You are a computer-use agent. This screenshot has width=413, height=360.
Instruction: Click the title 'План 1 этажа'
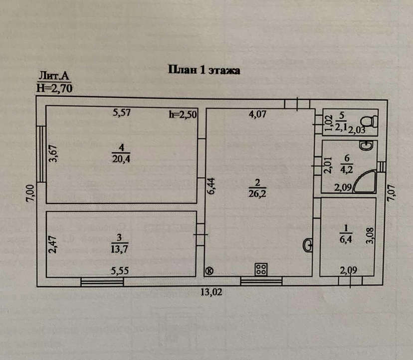pyautogui.click(x=204, y=70)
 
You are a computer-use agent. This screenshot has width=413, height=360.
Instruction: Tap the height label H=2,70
pyautogui.click(x=54, y=88)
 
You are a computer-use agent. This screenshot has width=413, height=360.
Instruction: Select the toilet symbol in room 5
pyautogui.click(x=369, y=122)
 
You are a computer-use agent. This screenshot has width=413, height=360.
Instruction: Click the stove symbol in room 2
pyautogui.click(x=261, y=269)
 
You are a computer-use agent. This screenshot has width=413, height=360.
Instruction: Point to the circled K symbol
pyautogui.click(x=209, y=271)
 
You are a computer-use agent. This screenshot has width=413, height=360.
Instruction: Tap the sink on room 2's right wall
pyautogui.click(x=308, y=245)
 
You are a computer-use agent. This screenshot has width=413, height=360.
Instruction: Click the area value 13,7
pyautogui.click(x=119, y=249)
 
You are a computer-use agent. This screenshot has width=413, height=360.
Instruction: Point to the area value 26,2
pyautogui.click(x=257, y=193)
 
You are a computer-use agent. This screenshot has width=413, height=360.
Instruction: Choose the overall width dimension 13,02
pyautogui.click(x=211, y=292)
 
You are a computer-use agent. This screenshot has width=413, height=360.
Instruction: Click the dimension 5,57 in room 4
pyautogui.click(x=122, y=113)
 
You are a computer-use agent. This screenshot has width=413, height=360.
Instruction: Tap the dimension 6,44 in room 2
pyautogui.click(x=211, y=186)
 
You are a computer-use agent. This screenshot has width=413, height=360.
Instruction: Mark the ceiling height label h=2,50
pyautogui.click(x=183, y=114)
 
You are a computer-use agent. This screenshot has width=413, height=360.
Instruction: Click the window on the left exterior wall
pyautogui.click(x=41, y=154)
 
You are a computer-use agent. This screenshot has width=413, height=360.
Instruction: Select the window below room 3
pyautogui.click(x=102, y=282)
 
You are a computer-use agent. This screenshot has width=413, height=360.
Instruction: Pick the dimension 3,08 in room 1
pyautogui.click(x=370, y=236)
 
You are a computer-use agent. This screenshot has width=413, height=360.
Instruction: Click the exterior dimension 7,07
pyautogui.click(x=391, y=193)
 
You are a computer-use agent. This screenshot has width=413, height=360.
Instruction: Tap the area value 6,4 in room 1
pyautogui.click(x=346, y=240)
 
